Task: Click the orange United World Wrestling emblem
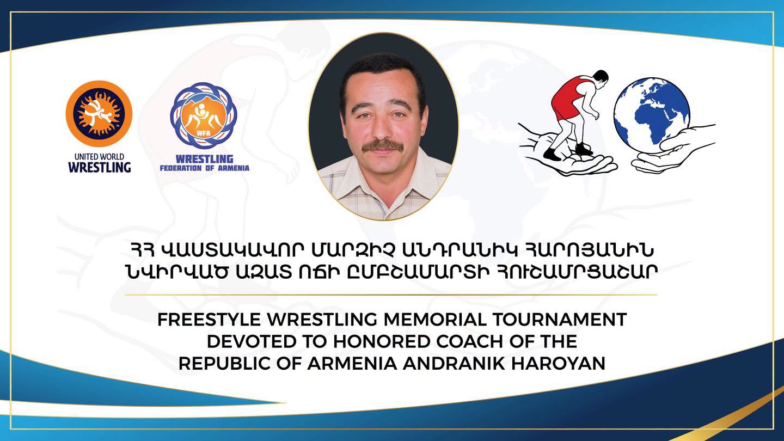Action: tap(99, 114)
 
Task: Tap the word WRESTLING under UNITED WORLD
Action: tap(100, 167)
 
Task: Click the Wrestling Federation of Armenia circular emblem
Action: tap(204, 116)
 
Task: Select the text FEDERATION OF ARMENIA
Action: tap(205, 168)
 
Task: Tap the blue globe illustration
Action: tap(652, 115)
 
